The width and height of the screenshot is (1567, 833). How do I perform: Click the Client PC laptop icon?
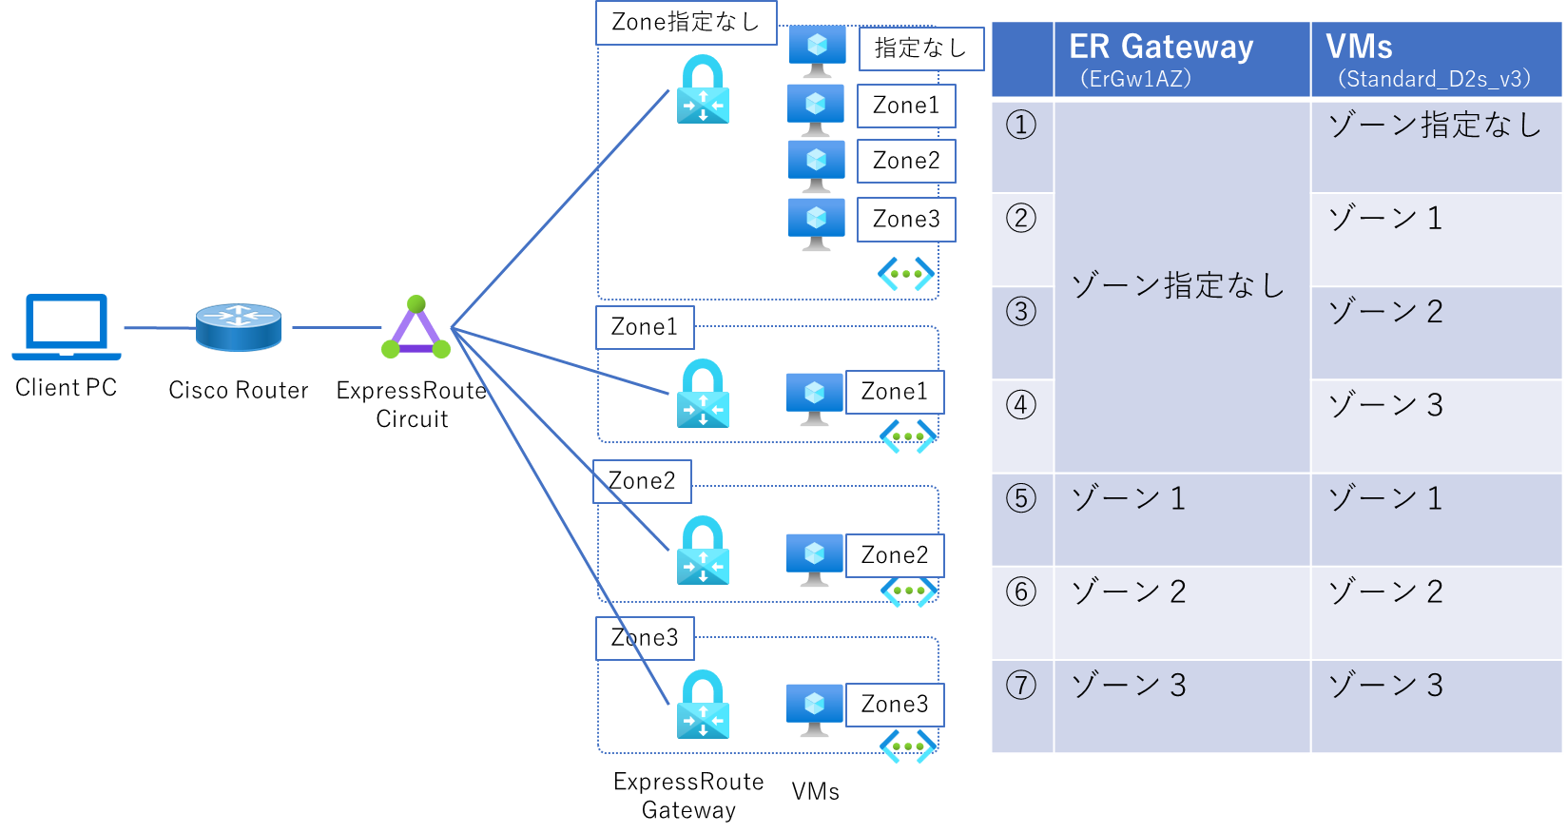(x=67, y=326)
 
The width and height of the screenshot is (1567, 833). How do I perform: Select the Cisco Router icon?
(x=239, y=327)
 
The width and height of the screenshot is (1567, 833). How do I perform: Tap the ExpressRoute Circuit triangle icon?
(x=416, y=328)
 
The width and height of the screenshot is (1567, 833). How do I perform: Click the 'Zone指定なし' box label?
(x=686, y=23)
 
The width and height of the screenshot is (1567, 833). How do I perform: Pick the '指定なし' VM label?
(x=920, y=48)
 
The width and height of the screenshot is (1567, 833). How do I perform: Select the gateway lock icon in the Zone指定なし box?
(x=703, y=89)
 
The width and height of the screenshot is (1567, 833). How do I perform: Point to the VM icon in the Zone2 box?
(x=815, y=559)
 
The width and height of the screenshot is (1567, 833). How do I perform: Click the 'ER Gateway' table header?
(x=1161, y=48)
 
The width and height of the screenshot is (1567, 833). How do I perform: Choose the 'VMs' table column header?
(x=1359, y=48)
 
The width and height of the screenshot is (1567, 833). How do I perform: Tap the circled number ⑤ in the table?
(x=1021, y=498)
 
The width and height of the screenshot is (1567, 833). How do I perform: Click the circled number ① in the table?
(x=1021, y=125)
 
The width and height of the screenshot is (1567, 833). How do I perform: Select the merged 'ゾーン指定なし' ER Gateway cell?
(x=1178, y=285)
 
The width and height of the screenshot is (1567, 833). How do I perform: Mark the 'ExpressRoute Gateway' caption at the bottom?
(x=688, y=796)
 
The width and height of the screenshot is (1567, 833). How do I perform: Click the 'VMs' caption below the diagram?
(x=816, y=792)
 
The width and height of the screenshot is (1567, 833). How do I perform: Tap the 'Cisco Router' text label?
(x=239, y=391)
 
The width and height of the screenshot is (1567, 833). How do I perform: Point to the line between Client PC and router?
(x=159, y=328)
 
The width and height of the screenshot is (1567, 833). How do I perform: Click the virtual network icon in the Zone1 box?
(x=908, y=436)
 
